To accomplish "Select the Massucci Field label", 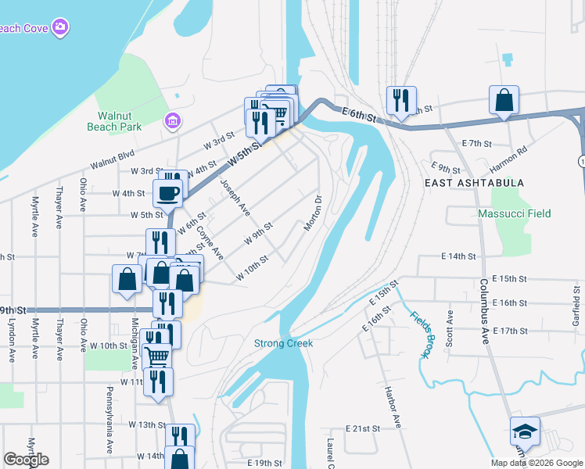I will [515, 213].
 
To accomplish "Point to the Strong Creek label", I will [283, 343].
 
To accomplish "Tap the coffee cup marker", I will [168, 192].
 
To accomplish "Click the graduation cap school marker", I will [525, 431].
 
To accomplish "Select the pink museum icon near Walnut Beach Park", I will [172, 121].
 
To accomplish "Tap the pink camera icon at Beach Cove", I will [61, 29].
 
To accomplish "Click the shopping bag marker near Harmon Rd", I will [504, 100].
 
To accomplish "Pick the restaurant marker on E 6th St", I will [400, 100].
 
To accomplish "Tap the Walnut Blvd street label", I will [113, 159].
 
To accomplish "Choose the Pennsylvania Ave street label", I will [109, 422].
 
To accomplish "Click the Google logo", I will [26, 460].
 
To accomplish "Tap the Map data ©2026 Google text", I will [536, 463].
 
